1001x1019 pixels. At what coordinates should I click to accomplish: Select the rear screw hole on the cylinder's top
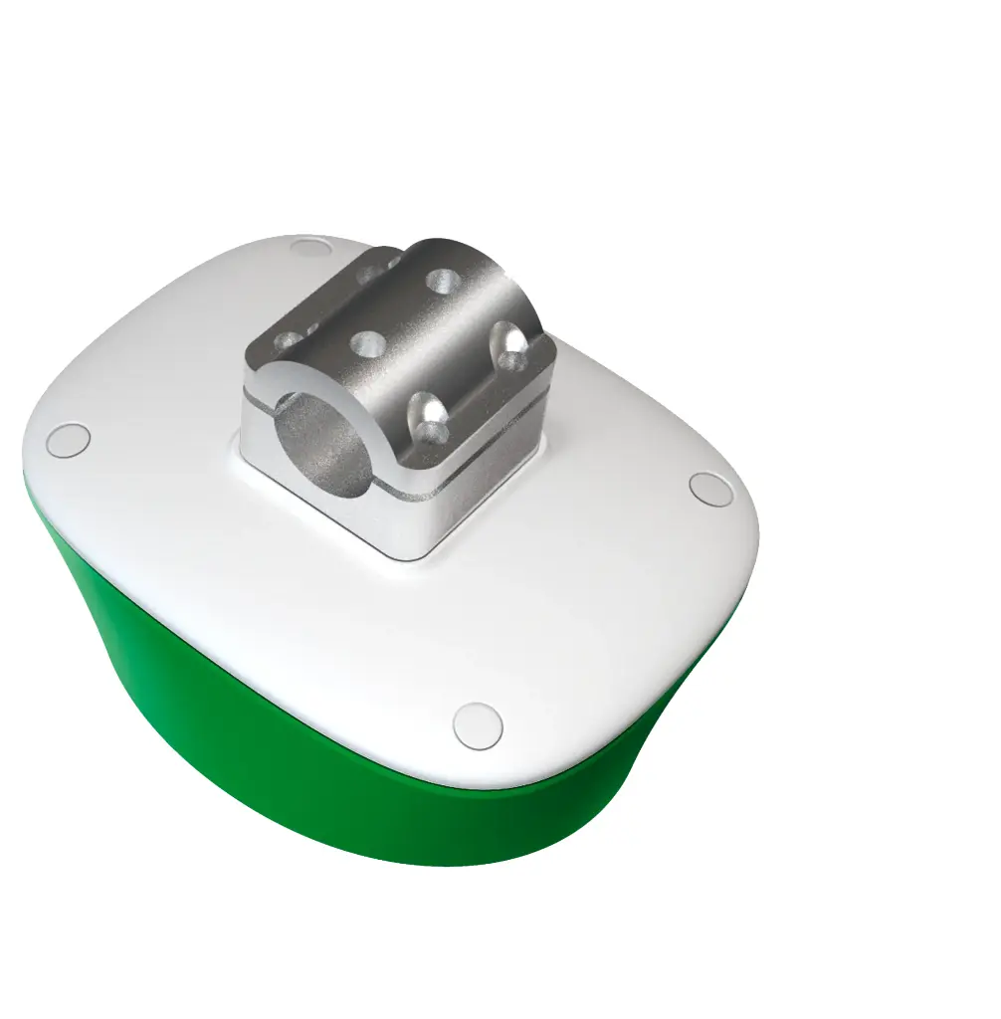439,279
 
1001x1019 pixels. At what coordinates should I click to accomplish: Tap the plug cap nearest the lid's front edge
477,724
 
